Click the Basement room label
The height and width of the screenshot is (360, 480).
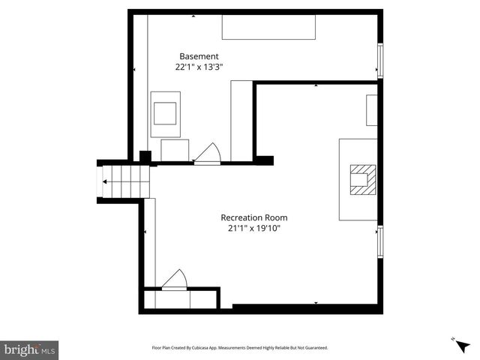coord(199,56)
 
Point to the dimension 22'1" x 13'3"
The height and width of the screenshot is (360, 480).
coord(199,67)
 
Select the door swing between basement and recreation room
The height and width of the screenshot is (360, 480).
coord(207,153)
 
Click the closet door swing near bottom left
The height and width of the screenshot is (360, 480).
coord(175,279)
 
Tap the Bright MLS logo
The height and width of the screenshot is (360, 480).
coord(29,349)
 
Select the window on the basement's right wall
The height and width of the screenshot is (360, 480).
coord(380,60)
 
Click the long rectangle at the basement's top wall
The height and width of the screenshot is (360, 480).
coord(268,27)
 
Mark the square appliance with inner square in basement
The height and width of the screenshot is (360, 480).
coord(166,114)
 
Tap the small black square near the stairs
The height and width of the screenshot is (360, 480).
coord(145,157)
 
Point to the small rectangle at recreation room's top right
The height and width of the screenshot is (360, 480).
coord(371,110)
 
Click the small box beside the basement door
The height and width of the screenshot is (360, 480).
coord(175,150)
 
